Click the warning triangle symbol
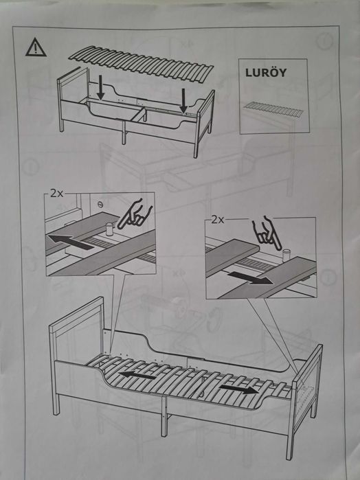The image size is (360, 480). [34, 47]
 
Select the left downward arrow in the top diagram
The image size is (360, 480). [101, 87]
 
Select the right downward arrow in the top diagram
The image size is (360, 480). [184, 102]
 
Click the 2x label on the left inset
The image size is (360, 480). [54, 194]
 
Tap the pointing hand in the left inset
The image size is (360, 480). [133, 214]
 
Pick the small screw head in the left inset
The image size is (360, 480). [100, 204]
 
